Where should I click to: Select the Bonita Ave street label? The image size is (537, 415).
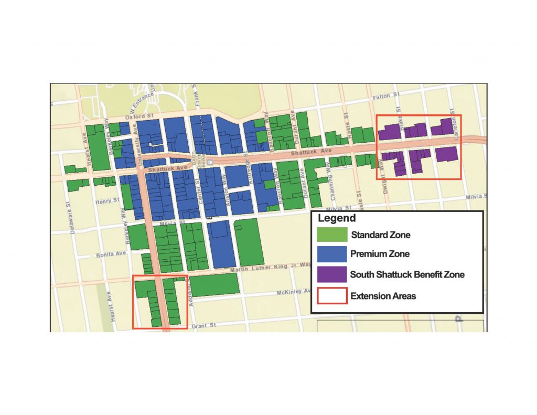pyautogui.click(x=111, y=254)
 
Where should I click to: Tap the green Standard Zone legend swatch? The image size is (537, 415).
pyautogui.click(x=332, y=235)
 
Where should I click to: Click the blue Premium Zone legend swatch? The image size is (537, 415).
pyautogui.click(x=332, y=254)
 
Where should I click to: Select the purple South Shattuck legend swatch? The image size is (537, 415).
pyautogui.click(x=332, y=274)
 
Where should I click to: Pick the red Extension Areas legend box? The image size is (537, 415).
pyautogui.click(x=332, y=295)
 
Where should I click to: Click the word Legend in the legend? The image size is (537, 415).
pyautogui.click(x=337, y=218)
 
